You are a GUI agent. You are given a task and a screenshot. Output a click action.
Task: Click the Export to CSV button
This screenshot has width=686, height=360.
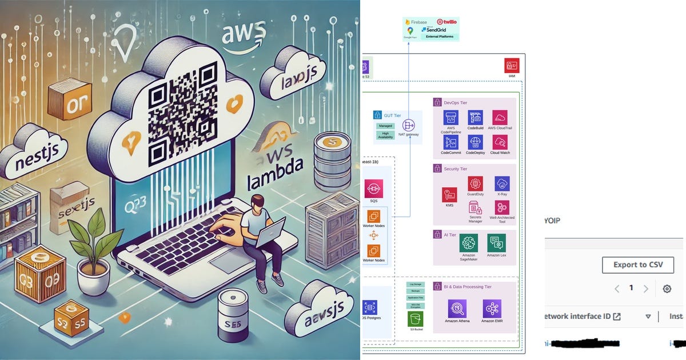point(637,265)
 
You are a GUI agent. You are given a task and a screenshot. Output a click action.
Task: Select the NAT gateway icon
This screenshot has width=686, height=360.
point(409,125)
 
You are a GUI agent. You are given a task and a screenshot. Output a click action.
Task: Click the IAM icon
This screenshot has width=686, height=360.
point(511,65)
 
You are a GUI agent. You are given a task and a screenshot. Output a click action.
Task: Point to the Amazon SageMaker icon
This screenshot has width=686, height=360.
point(468,242)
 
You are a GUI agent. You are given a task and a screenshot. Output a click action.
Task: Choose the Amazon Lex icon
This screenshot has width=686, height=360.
point(496,242)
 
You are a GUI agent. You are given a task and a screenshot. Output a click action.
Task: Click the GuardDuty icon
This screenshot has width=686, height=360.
point(475,183)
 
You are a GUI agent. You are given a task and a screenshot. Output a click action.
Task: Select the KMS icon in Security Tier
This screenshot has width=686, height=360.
point(449,195)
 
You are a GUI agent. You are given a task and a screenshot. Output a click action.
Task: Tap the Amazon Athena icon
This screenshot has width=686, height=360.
point(457,309)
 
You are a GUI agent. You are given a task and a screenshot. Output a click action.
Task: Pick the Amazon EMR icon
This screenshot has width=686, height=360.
point(492,309)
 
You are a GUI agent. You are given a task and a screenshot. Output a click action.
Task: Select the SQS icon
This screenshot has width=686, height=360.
point(373,189)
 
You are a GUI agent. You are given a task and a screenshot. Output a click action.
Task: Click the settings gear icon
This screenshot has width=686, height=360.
point(667,289)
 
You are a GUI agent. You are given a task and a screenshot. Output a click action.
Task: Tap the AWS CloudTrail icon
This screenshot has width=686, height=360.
point(500,118)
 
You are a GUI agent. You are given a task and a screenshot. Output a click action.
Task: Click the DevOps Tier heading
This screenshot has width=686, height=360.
point(455,102)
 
